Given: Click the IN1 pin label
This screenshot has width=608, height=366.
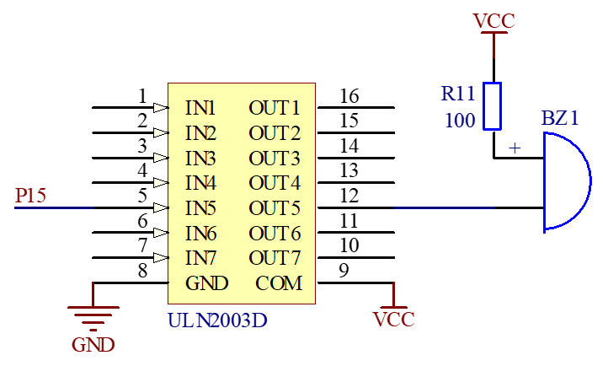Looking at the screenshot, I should tap(200, 108).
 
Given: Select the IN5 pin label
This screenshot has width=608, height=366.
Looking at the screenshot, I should tap(200, 207).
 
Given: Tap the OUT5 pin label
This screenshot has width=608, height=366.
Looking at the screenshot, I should tap(275, 207).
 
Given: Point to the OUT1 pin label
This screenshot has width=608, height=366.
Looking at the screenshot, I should tap(275, 108).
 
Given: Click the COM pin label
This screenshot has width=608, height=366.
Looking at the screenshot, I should tap(279, 283).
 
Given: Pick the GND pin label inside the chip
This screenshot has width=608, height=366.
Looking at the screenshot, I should tap(206, 283).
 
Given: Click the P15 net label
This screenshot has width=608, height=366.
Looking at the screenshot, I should tap(30, 196).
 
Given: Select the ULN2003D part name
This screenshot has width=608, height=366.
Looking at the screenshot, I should tap(217, 321).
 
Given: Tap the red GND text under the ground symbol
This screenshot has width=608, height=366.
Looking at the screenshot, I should tap(93, 345).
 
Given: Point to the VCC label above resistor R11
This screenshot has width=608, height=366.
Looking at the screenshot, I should tap(494, 21).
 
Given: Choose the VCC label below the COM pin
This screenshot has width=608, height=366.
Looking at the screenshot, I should tap(395, 320).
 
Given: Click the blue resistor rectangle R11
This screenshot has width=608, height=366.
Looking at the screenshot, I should tap(493, 106).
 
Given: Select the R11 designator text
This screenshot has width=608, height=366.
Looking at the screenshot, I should tap(458, 93).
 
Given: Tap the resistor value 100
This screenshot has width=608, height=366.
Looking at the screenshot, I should tap(460, 121).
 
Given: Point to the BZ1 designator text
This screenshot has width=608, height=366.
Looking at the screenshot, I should tap(560, 118).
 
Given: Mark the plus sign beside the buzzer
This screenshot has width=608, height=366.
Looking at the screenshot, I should tap(515, 148).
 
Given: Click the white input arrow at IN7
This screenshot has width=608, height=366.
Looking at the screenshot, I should tap(161, 258).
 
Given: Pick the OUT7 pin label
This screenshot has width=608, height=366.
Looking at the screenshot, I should tap(275, 258).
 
